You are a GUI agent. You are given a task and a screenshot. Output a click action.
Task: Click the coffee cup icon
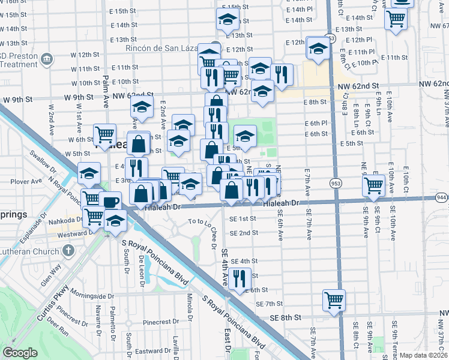click(x=111, y=202)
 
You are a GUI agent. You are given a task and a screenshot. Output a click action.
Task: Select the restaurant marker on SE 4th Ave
click(x=239, y=278)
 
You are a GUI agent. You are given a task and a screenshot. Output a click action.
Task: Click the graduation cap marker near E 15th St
click(x=228, y=20)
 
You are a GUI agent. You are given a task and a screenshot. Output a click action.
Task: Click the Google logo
click(x=20, y=353)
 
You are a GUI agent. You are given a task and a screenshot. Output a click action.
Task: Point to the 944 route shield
click(x=442, y=197)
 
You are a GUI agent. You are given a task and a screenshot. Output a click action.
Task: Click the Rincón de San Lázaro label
click(x=160, y=49)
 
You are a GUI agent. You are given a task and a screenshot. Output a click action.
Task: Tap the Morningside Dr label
click(x=90, y=296)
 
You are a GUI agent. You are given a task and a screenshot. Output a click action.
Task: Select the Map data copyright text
click(x=424, y=355)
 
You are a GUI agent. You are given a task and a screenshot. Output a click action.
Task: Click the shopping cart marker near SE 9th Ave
click(x=374, y=185)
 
